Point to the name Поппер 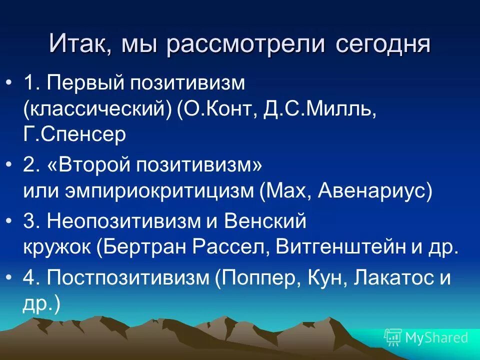(260, 278)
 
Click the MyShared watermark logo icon (393, 337)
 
